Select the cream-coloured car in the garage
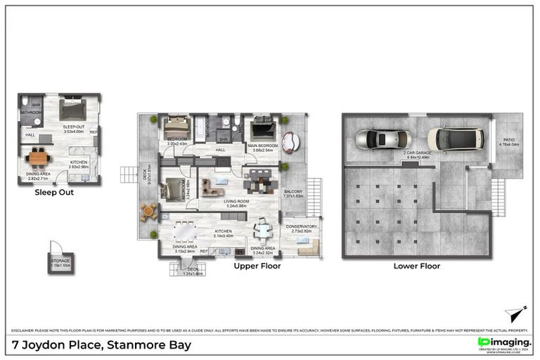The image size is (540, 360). coord(456,139)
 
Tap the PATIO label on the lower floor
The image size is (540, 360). coord(507,143)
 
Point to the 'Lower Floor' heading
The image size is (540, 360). coord(416,266)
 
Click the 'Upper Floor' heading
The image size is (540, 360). coord(257,266)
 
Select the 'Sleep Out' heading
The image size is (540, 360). coord(55,191)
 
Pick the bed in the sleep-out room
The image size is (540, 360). coord(72,110)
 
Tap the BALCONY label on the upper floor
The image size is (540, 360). coord(293,193)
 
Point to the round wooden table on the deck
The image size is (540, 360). coord(148,210)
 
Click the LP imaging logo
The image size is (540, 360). coord(503,342)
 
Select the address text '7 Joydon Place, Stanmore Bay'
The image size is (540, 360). coord(101,345)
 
